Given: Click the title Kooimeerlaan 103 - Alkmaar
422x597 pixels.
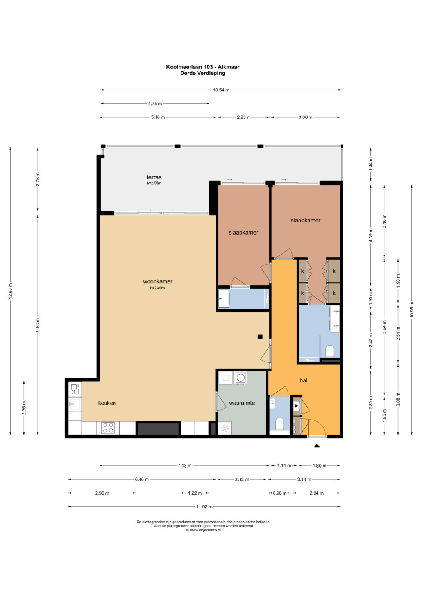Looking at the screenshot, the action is pos(202,67).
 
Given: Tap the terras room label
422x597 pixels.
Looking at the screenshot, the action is pos(154,177).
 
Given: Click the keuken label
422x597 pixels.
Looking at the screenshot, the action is pos(107,403).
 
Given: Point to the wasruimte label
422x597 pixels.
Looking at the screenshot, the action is pos(242,403).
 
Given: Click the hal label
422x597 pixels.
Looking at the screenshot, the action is pos(304,380).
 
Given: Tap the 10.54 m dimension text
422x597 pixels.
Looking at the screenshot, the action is pos(221,90).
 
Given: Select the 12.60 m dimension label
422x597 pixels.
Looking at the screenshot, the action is pos(11,291).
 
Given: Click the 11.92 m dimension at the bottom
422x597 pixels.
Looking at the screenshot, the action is pos(204,507).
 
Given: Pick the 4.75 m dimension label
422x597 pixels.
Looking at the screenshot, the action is pos(155,104).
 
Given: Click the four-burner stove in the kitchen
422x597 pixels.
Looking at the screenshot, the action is pos(108,428).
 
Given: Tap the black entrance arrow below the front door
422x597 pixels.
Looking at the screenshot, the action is pos(317,445).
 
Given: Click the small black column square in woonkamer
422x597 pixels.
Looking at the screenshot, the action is pos(260,337).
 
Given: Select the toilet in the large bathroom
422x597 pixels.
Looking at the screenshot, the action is pos(330,351).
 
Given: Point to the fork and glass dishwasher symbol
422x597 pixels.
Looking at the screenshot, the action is pos(75,389).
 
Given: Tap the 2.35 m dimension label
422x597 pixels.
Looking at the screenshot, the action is pos(24,408).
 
